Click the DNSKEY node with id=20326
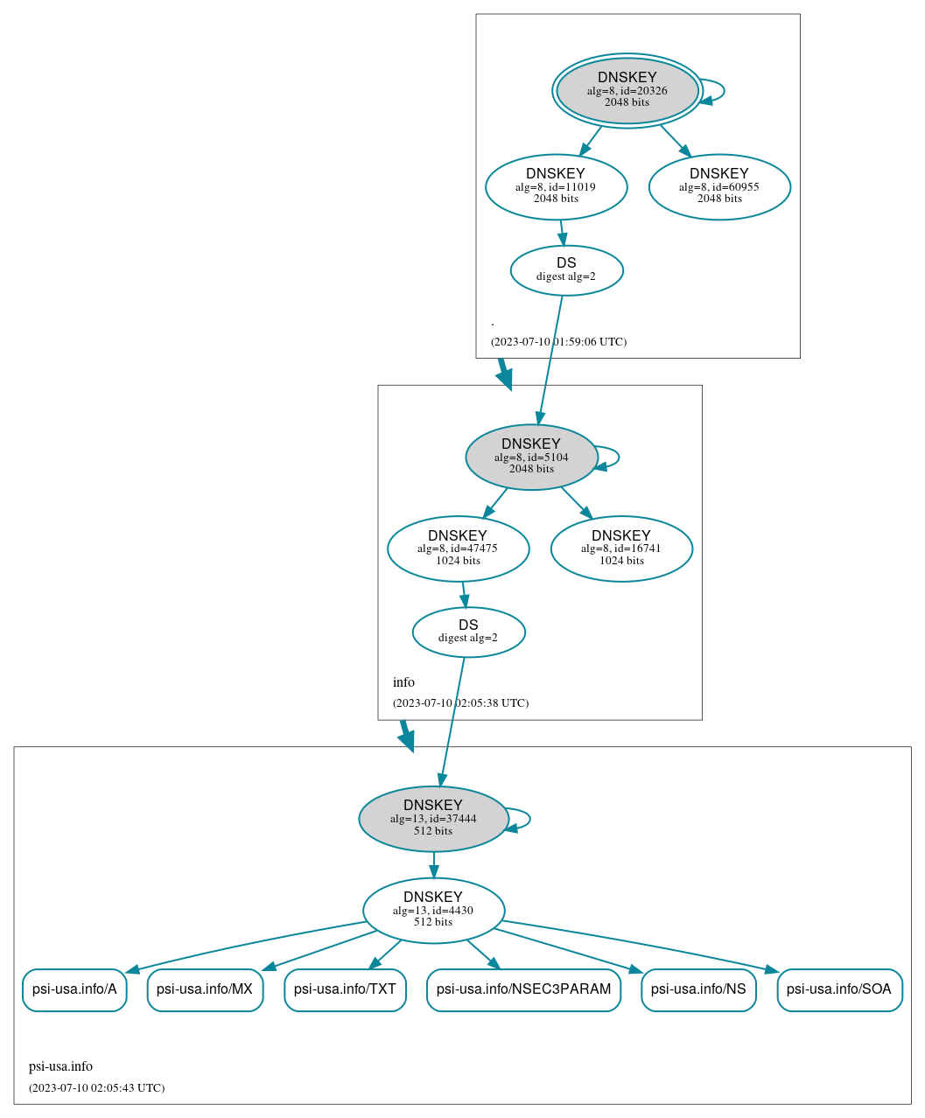tap(627, 90)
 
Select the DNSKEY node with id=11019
tap(556, 186)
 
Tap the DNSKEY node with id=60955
tap(719, 186)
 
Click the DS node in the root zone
tap(566, 270)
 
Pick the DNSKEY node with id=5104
tap(531, 457)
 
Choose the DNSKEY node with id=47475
tap(458, 549)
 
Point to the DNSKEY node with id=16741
tap(621, 549)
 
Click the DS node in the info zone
tap(468, 632)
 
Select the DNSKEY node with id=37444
tap(433, 819)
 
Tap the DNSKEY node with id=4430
tap(433, 911)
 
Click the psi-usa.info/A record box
tap(74, 989)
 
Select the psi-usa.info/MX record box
tap(205, 989)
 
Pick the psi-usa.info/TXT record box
tap(345, 989)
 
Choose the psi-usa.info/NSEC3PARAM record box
tap(523, 989)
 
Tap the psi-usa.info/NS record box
tap(698, 989)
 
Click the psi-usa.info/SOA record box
tap(839, 989)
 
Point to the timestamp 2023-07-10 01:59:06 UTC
tap(558, 342)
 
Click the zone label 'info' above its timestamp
tap(403, 682)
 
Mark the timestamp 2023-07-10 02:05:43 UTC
tap(96, 1088)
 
